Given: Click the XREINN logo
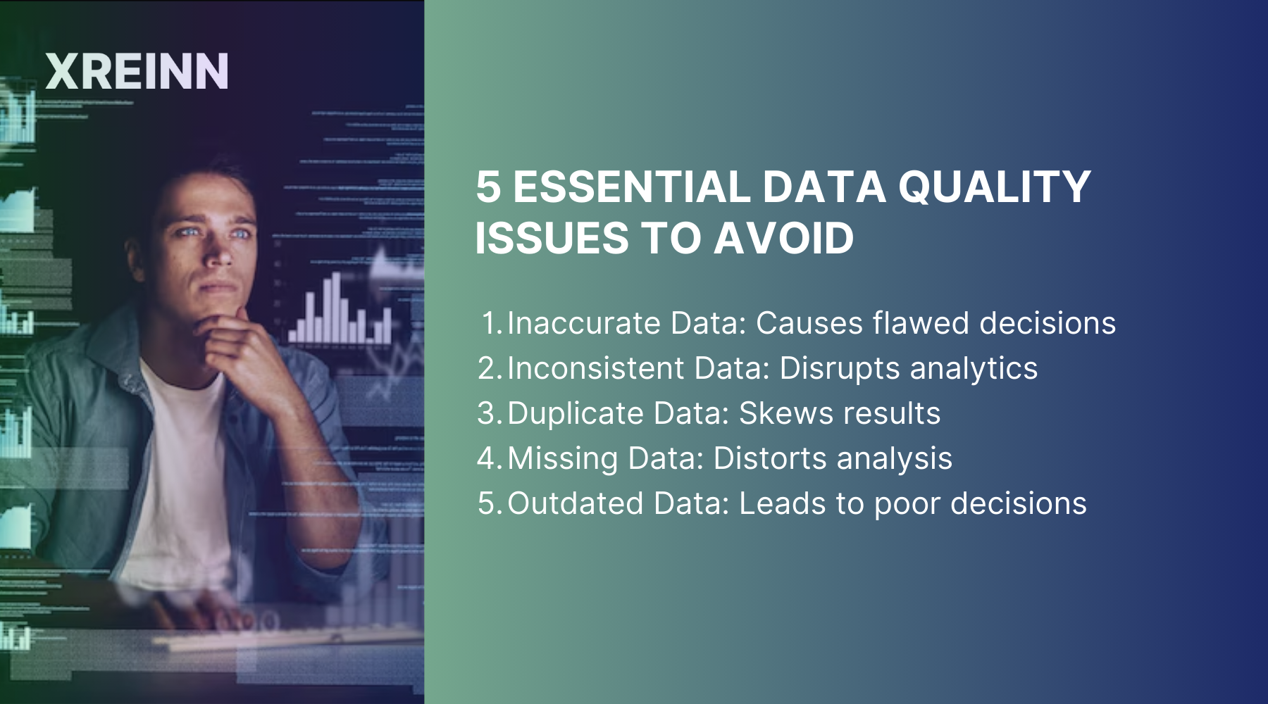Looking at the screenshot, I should click(x=137, y=71).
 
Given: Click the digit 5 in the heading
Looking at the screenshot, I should click(x=488, y=187).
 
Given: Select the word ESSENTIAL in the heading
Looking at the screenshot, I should click(x=631, y=187).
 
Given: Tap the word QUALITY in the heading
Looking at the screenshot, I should click(x=994, y=187).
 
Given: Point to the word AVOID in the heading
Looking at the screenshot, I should click(x=783, y=238).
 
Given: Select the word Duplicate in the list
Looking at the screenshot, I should click(x=575, y=414).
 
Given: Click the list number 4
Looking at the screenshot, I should click(x=487, y=459).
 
